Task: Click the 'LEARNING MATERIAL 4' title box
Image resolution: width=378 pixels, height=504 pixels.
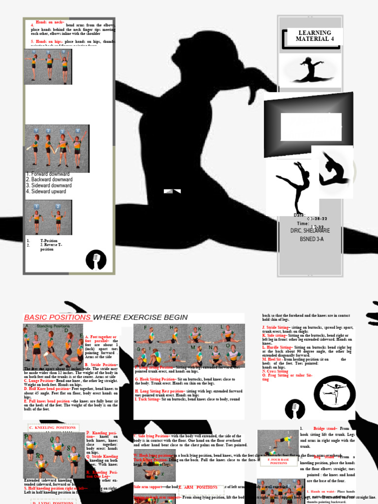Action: pyautogui.click(x=313, y=36)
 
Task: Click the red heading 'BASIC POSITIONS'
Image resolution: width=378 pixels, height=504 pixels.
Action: pyautogui.click(x=57, y=317)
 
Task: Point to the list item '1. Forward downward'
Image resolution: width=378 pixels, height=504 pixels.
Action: pyautogui.click(x=48, y=174)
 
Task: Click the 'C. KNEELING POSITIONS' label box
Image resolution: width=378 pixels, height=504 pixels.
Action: pyautogui.click(x=53, y=428)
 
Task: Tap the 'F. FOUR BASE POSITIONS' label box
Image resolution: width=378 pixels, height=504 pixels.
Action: pyautogui.click(x=279, y=461)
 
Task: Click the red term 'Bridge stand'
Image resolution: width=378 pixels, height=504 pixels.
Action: pyautogui.click(x=324, y=429)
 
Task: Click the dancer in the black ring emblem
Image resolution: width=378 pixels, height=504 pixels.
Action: pyautogui.click(x=334, y=393)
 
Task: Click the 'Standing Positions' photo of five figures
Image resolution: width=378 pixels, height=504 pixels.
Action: pyautogui.click(x=53, y=345)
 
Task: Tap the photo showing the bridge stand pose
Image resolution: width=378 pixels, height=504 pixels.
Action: pyautogui.click(x=278, y=442)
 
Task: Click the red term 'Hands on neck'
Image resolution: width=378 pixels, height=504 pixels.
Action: pyautogui.click(x=49, y=22)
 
